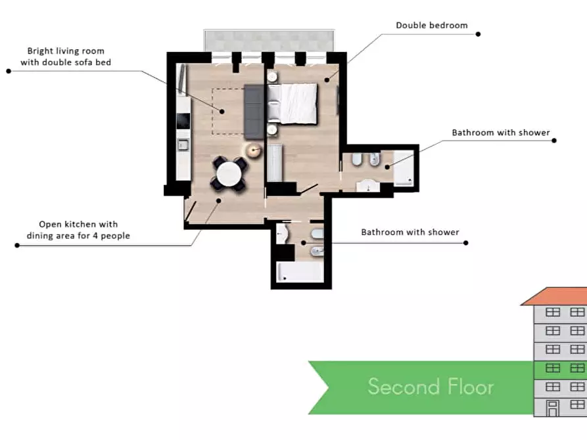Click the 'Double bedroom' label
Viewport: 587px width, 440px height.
tap(432, 26)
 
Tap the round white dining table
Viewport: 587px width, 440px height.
tap(229, 173)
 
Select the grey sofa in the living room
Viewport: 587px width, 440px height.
tap(254, 112)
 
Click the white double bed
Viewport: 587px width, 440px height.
tap(293, 104)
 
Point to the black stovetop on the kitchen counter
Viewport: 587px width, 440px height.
tap(183, 121)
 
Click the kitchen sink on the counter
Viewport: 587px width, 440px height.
tap(183, 144)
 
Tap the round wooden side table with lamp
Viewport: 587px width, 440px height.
tap(254, 150)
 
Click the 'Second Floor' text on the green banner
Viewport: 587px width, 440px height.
tap(431, 387)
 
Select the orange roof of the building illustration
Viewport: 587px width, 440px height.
tap(554, 296)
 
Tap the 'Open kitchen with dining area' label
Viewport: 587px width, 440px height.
tap(78, 230)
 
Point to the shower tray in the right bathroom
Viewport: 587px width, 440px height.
tap(404, 168)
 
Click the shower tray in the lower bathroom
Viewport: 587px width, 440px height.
tap(300, 272)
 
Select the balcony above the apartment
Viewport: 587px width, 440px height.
tap(269, 41)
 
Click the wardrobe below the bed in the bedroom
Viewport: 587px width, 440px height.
tap(275, 163)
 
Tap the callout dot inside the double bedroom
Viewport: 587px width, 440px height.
tap(327, 79)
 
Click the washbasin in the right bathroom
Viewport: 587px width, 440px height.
tap(367, 186)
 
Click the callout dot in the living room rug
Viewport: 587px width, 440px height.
tap(222, 112)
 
